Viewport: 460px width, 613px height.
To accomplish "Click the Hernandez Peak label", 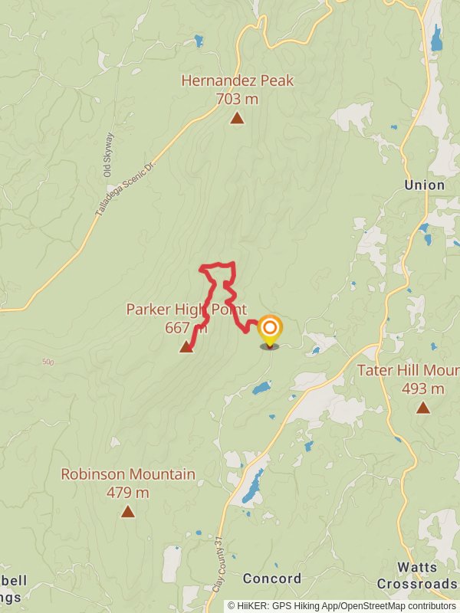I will coord(238,80).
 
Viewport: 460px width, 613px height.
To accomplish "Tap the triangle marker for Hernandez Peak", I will coord(238,118).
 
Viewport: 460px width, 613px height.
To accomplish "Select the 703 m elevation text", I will coord(238,99).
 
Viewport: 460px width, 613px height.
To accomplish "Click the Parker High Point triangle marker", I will coord(186,348).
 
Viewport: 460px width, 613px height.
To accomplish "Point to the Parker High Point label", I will coord(187,310).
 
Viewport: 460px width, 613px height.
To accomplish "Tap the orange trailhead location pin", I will coord(270,332).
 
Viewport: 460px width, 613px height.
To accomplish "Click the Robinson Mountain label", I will coord(128,474).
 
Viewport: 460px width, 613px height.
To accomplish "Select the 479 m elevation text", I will coord(128,493).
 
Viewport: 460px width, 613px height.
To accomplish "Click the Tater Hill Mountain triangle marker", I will coord(423,408).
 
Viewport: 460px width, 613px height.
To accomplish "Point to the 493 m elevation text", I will coord(423,388).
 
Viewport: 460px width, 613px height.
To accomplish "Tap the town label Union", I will coord(425,185).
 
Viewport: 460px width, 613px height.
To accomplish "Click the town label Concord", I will coord(272,579).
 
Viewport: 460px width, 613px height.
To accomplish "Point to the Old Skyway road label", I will coord(109,156).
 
